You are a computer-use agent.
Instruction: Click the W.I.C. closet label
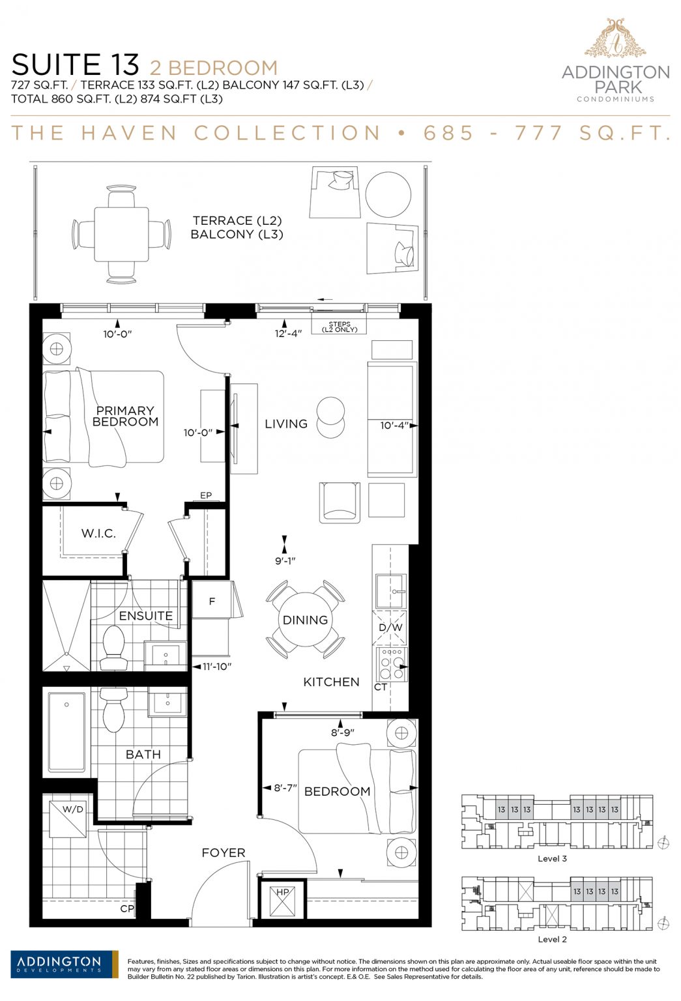coord(98,533)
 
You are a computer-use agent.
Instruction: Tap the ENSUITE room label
coord(146,616)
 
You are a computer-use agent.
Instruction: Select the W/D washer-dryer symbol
coord(68,819)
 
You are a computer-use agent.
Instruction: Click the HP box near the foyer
coord(282,899)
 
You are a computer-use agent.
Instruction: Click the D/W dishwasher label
coord(390,628)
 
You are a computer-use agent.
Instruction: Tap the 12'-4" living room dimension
coord(288,334)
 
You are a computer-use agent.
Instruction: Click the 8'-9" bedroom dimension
coord(343,733)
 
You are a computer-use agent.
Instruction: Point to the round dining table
coord(305,619)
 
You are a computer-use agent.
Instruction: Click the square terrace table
coord(121,234)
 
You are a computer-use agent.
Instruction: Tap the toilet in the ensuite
coord(112,647)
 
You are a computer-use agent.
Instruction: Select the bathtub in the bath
coord(66,732)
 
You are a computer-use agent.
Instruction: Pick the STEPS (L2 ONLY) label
coord(340,326)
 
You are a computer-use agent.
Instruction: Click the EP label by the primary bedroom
coord(206,495)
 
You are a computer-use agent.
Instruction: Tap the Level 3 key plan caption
coord(553,858)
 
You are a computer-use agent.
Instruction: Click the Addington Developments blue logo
coord(65,964)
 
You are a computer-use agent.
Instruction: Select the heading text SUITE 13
coord(76,65)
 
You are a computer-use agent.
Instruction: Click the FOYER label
coord(224,852)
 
